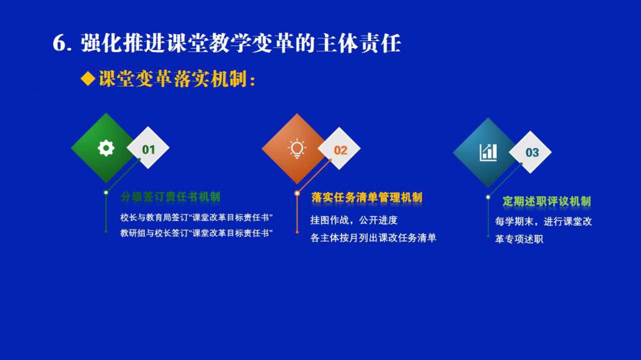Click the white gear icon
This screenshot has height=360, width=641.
[x=106, y=148]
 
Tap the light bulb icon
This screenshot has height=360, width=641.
[x=297, y=149]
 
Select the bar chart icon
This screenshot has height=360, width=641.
[x=488, y=152]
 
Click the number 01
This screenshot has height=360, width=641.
[x=149, y=149]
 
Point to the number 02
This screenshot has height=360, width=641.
[x=340, y=151]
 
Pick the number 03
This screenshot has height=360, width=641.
[x=532, y=152]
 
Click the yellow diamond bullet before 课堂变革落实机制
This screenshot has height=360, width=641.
[x=88, y=78]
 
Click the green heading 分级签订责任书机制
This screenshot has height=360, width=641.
[x=171, y=197]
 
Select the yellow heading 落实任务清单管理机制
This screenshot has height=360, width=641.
[x=367, y=198]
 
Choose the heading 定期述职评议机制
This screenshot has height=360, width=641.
[x=547, y=201]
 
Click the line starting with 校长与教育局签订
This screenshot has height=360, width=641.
[x=197, y=217]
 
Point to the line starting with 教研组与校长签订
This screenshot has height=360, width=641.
[x=197, y=233]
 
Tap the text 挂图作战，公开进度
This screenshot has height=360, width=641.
[x=354, y=220]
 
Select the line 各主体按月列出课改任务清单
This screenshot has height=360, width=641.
[x=373, y=238]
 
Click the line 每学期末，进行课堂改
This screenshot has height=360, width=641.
[x=544, y=222]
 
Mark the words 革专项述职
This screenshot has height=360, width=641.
[x=519, y=239]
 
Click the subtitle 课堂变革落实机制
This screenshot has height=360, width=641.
[x=172, y=78]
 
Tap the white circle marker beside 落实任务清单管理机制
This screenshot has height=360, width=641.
[x=297, y=193]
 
